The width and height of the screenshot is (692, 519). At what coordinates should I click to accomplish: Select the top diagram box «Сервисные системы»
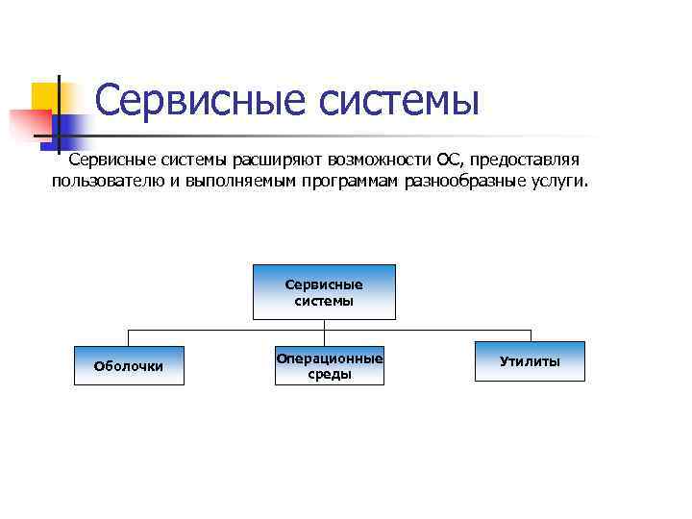pos(324,292)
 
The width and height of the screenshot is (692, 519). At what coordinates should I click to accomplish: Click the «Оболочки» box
pos(128,365)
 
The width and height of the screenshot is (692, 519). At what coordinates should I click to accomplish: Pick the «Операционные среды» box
pos(329,365)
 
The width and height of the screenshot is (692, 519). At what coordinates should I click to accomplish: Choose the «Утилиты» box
pos(530,361)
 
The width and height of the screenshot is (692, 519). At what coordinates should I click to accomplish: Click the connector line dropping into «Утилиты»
pos(530,334)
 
